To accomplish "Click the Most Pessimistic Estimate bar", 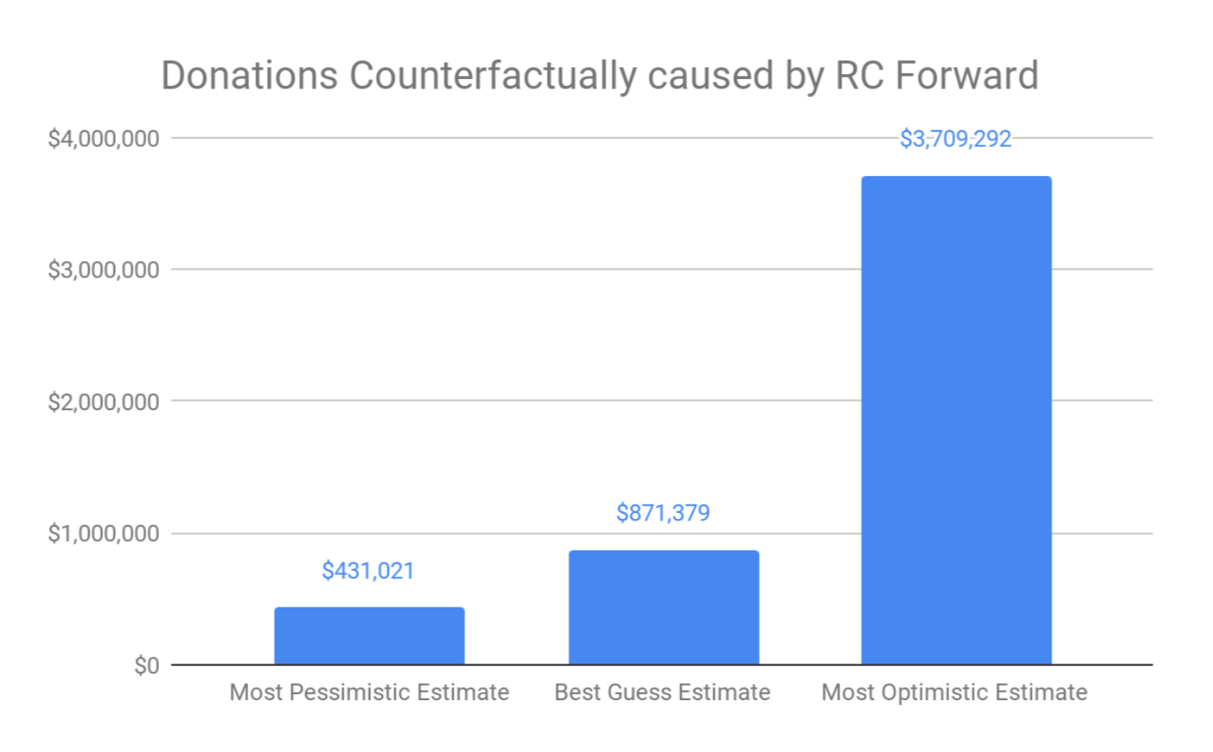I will (x=369, y=635).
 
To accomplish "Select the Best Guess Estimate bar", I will (x=663, y=607).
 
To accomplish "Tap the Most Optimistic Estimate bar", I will (x=956, y=419).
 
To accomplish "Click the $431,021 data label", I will (x=368, y=571).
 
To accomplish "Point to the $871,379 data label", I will (x=663, y=513).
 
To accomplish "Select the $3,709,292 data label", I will (x=955, y=139).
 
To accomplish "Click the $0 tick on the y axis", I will (x=146, y=665).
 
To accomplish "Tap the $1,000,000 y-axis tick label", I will (x=104, y=533).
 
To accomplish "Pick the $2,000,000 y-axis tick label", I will (x=104, y=402).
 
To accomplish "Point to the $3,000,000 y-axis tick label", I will (x=104, y=270).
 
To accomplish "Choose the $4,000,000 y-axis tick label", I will (x=104, y=139).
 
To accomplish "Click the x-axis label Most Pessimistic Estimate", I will (x=369, y=692).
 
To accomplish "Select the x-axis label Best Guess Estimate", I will (x=663, y=692).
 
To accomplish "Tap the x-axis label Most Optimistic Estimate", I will (x=954, y=692).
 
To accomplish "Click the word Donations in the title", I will (x=249, y=76).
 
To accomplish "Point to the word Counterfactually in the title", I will (x=493, y=76).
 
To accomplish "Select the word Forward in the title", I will (x=966, y=76).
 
